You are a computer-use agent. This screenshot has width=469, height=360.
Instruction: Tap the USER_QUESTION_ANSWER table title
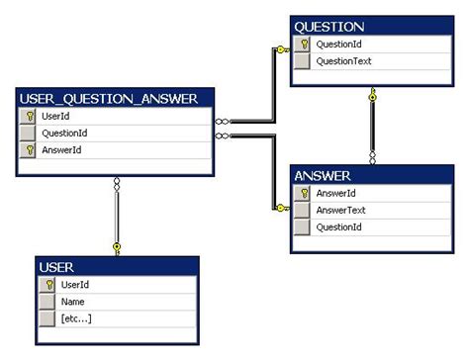pos(114,98)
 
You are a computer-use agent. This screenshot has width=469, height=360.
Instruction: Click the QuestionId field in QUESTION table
pos(337,45)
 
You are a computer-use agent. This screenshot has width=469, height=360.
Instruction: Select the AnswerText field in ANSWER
pos(341,211)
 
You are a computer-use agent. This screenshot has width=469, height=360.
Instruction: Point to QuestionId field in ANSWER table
pos(337,227)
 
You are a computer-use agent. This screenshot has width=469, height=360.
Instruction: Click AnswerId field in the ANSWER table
pos(335,194)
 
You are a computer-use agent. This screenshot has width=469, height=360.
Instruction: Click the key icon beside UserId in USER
pos(47,285)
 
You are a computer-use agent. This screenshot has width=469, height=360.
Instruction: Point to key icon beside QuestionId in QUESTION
pos(303,45)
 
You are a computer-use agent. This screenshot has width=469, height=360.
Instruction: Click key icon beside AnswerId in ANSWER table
pos(303,194)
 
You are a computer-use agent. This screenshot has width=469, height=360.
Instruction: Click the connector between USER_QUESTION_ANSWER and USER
pos(117,213)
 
